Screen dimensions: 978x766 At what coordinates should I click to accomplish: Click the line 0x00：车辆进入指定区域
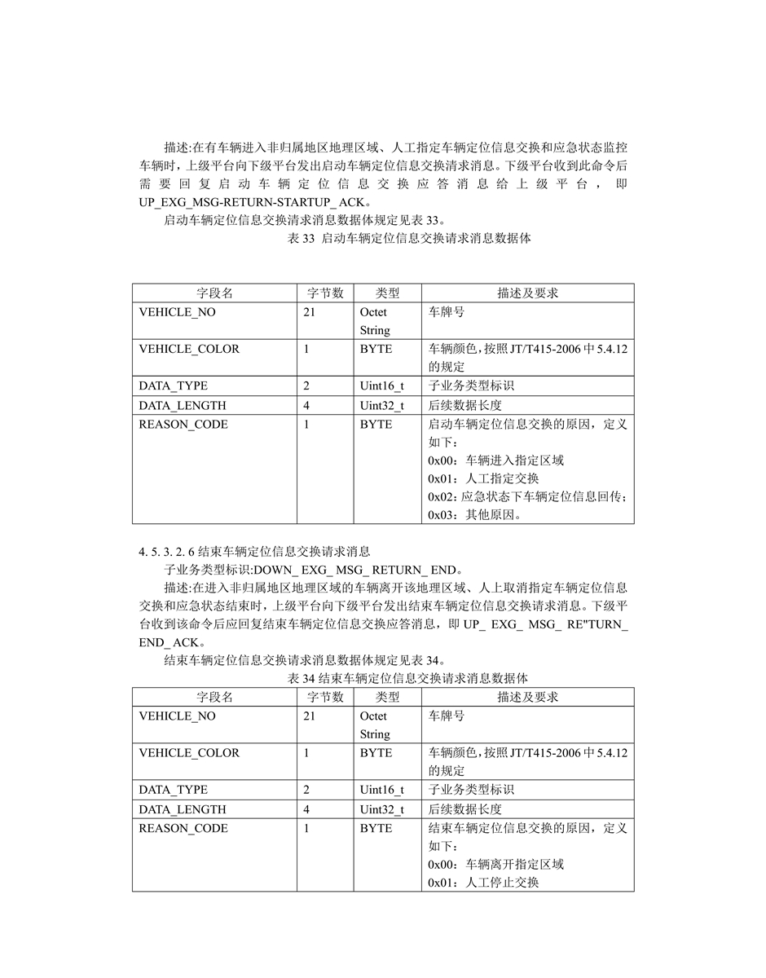495,460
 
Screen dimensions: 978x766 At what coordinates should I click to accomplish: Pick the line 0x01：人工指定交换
483,478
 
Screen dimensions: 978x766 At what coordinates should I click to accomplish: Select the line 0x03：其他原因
475,515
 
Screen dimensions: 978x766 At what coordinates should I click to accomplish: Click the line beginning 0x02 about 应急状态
526,496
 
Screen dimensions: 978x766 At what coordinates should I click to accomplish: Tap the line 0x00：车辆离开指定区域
495,864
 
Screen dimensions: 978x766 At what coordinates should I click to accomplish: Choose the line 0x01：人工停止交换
483,883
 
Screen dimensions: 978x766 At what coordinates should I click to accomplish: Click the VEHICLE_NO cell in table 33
178,312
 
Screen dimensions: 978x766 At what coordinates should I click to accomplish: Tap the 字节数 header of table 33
325,293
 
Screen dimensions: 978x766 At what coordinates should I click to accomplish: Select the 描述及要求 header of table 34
527,697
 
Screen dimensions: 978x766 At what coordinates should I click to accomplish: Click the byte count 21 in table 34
309,716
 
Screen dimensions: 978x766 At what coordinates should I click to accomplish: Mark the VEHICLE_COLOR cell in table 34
189,753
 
